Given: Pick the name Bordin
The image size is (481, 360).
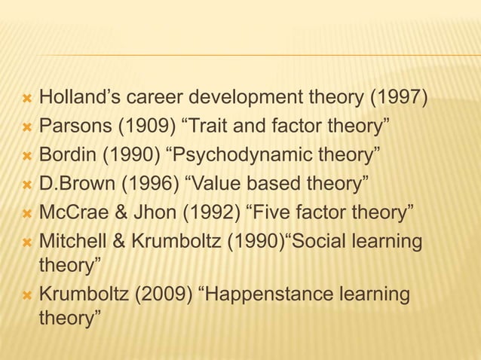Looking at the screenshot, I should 66,156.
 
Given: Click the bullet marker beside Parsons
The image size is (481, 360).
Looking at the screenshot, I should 26,125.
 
